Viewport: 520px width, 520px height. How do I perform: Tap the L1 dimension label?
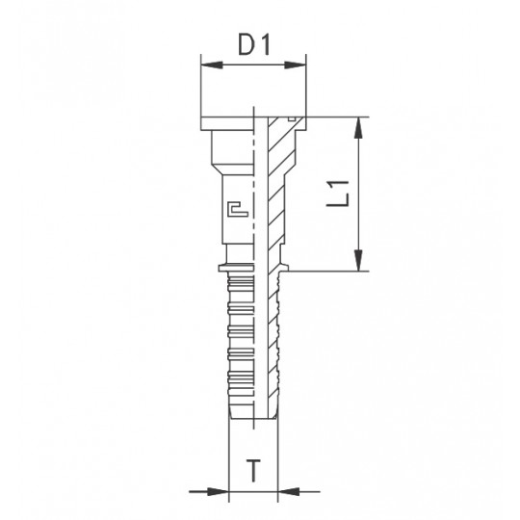tap(338, 194)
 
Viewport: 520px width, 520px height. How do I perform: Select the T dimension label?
tap(253, 470)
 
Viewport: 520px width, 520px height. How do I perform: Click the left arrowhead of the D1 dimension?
tap(212, 65)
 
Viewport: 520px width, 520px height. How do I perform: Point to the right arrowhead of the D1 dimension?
tap(295, 65)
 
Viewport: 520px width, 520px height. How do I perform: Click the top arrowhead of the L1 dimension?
tap(357, 128)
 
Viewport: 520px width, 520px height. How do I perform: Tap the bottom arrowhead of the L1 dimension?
tap(357, 260)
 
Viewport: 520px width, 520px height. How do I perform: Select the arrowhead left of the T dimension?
tap(218, 491)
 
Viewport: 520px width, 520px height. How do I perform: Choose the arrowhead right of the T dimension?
tap(289, 491)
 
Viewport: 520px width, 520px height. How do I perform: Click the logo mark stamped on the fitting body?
tap(238, 209)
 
